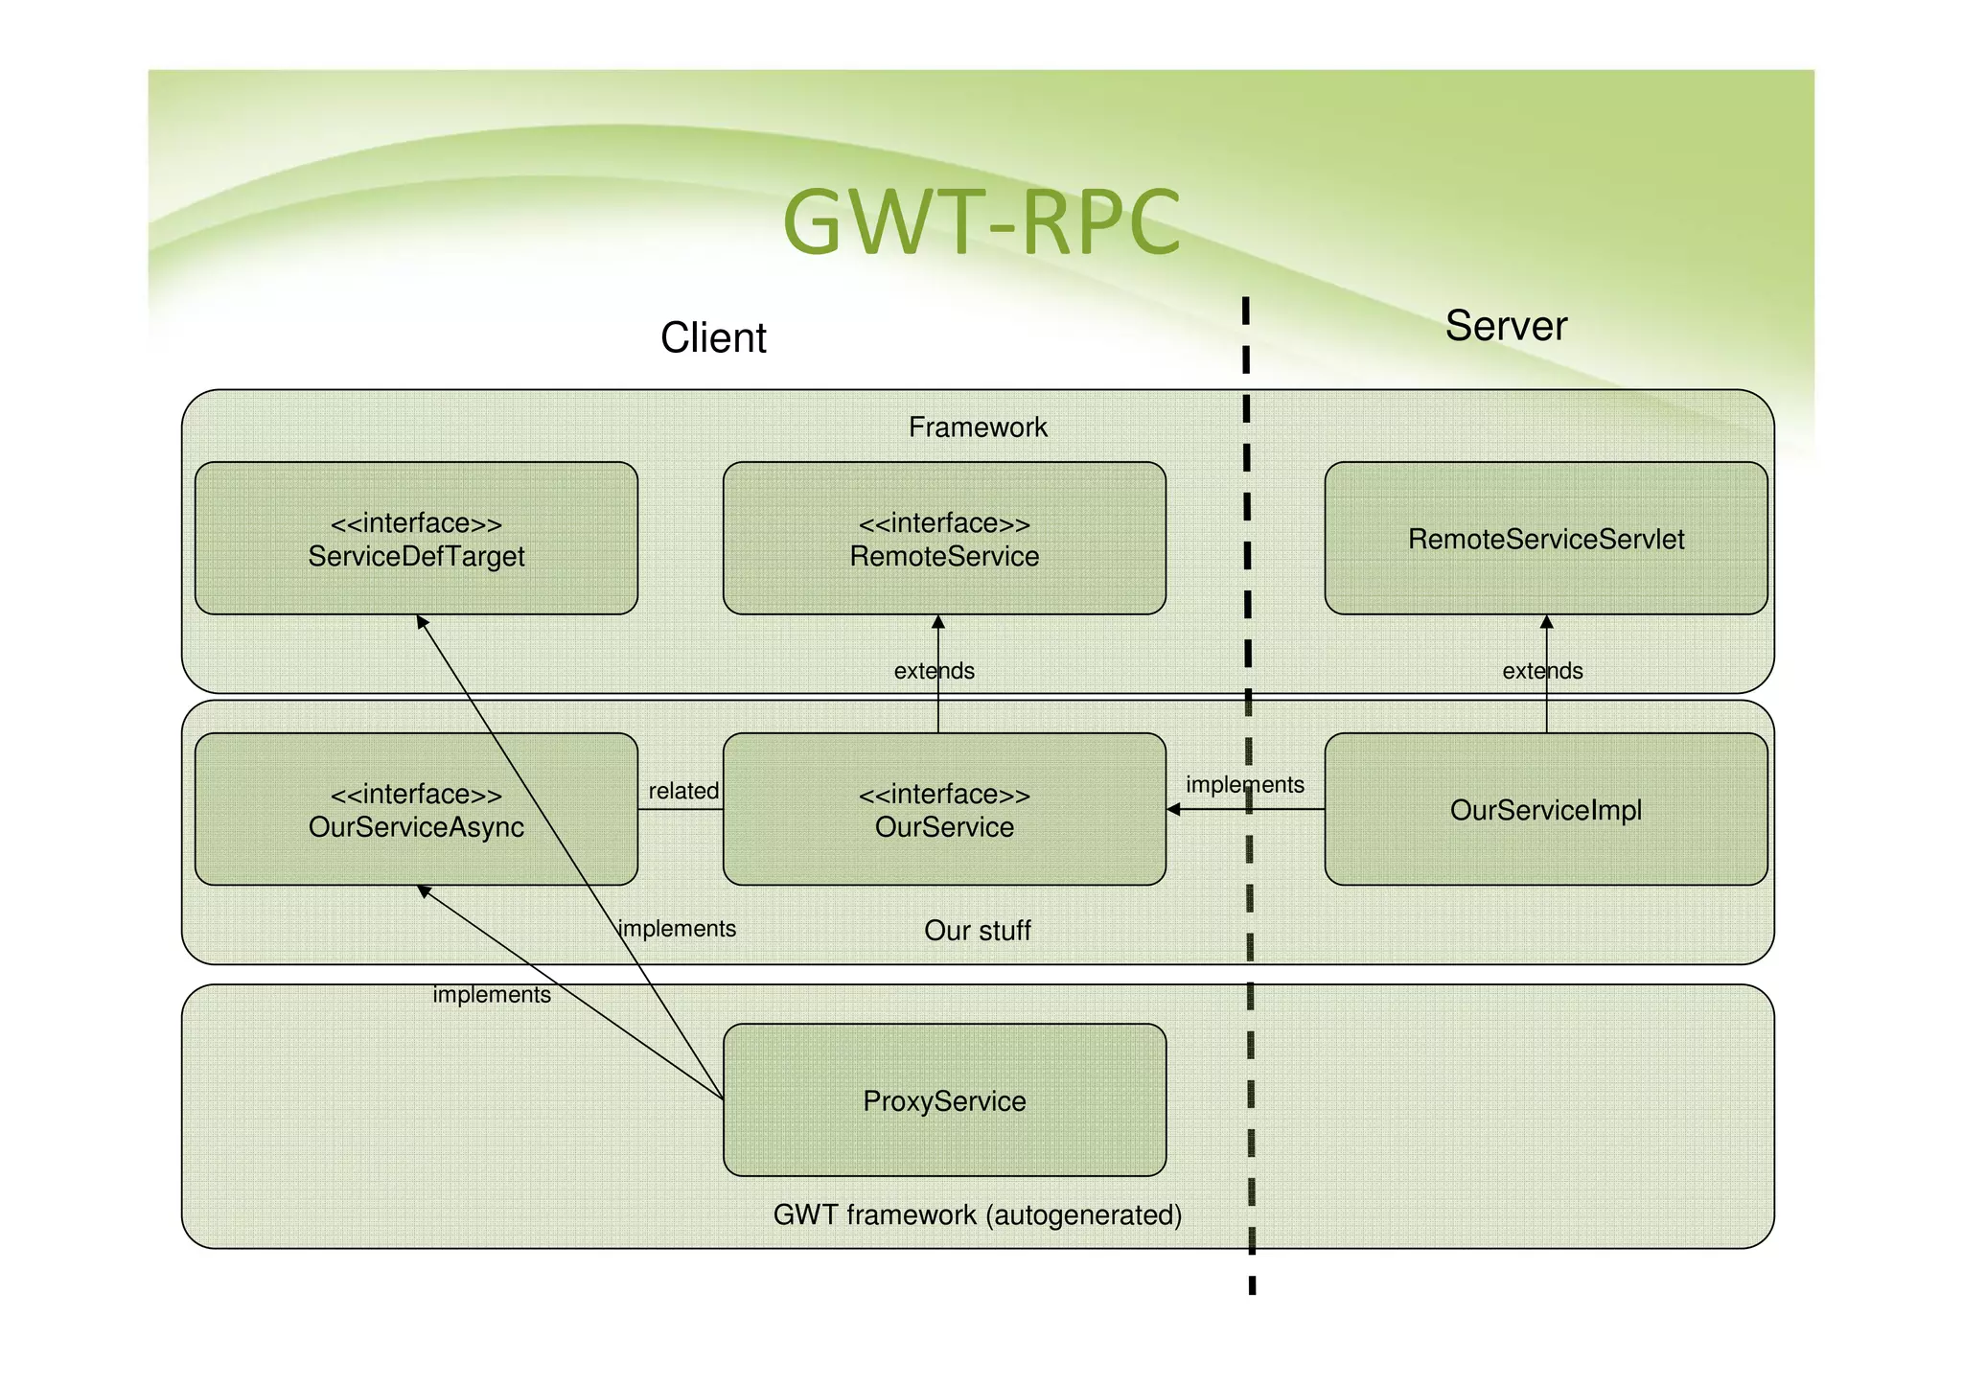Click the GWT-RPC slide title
(981, 222)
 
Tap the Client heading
(713, 337)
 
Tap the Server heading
(1505, 326)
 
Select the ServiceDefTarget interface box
(416, 539)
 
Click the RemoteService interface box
(944, 539)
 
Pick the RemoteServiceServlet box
(1545, 539)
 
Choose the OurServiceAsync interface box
(416, 810)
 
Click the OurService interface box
(944, 810)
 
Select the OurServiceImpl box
(1545, 810)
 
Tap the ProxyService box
(944, 1100)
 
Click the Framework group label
(978, 428)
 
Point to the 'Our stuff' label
(978, 931)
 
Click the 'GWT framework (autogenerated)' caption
(978, 1215)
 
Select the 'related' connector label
(683, 791)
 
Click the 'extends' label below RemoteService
(934, 671)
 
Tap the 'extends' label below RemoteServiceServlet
(1542, 671)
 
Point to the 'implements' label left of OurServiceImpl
(1244, 785)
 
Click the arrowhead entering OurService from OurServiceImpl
(1173, 810)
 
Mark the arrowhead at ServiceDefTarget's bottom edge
(422, 622)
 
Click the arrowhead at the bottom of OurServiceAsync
(424, 891)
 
